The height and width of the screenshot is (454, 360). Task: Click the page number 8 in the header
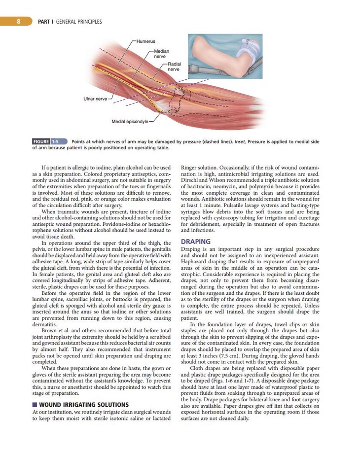pos(18,22)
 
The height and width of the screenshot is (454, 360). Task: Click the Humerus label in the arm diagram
pos(146,41)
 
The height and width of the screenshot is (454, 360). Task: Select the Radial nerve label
pos(174,67)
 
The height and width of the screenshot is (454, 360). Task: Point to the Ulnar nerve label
pos(95,99)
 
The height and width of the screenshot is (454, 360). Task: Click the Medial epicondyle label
pos(130,121)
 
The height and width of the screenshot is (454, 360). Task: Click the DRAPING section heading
pos(196,242)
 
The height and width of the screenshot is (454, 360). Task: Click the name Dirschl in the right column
pos(190,180)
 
